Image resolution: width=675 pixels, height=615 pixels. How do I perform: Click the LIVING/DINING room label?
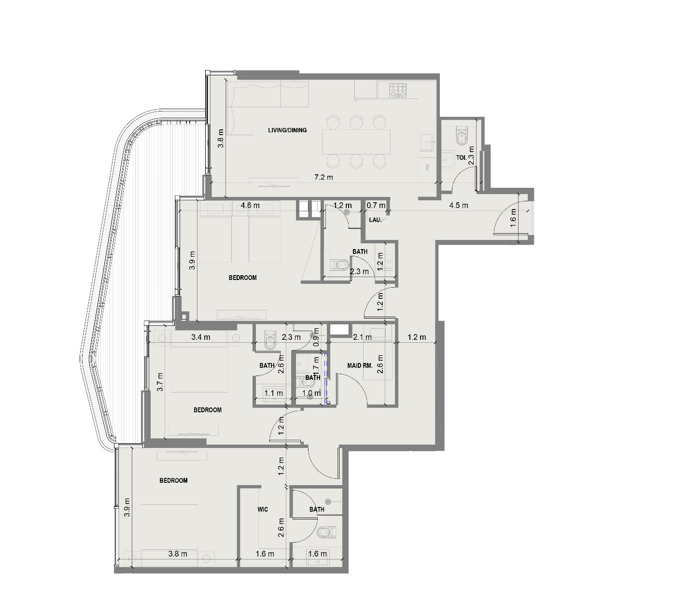click(287, 130)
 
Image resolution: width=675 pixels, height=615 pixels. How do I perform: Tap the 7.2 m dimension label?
click(323, 177)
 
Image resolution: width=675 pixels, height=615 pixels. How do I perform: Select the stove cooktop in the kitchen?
click(398, 90)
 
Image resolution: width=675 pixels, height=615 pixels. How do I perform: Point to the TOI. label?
click(461, 157)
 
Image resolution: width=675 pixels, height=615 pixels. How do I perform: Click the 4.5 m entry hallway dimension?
click(459, 205)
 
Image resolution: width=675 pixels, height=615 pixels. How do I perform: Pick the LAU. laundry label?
click(375, 220)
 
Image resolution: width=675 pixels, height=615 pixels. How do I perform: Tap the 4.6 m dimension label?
click(250, 205)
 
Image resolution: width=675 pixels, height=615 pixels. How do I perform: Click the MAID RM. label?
click(360, 365)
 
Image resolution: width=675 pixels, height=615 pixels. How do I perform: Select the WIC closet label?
click(263, 509)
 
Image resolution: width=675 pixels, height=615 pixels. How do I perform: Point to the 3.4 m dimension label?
click(200, 337)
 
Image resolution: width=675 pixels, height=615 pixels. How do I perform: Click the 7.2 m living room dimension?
click(323, 177)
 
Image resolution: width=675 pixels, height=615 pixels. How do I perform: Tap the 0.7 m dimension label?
click(376, 205)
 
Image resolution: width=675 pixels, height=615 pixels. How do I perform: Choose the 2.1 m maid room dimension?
click(363, 337)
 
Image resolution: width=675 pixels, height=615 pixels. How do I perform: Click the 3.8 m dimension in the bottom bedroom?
click(178, 554)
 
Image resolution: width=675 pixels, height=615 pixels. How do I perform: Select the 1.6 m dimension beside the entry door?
click(513, 218)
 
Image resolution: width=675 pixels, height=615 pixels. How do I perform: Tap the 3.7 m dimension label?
click(160, 381)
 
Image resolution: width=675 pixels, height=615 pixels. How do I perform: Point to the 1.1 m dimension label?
click(274, 393)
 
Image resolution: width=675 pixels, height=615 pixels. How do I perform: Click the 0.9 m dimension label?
click(316, 337)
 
